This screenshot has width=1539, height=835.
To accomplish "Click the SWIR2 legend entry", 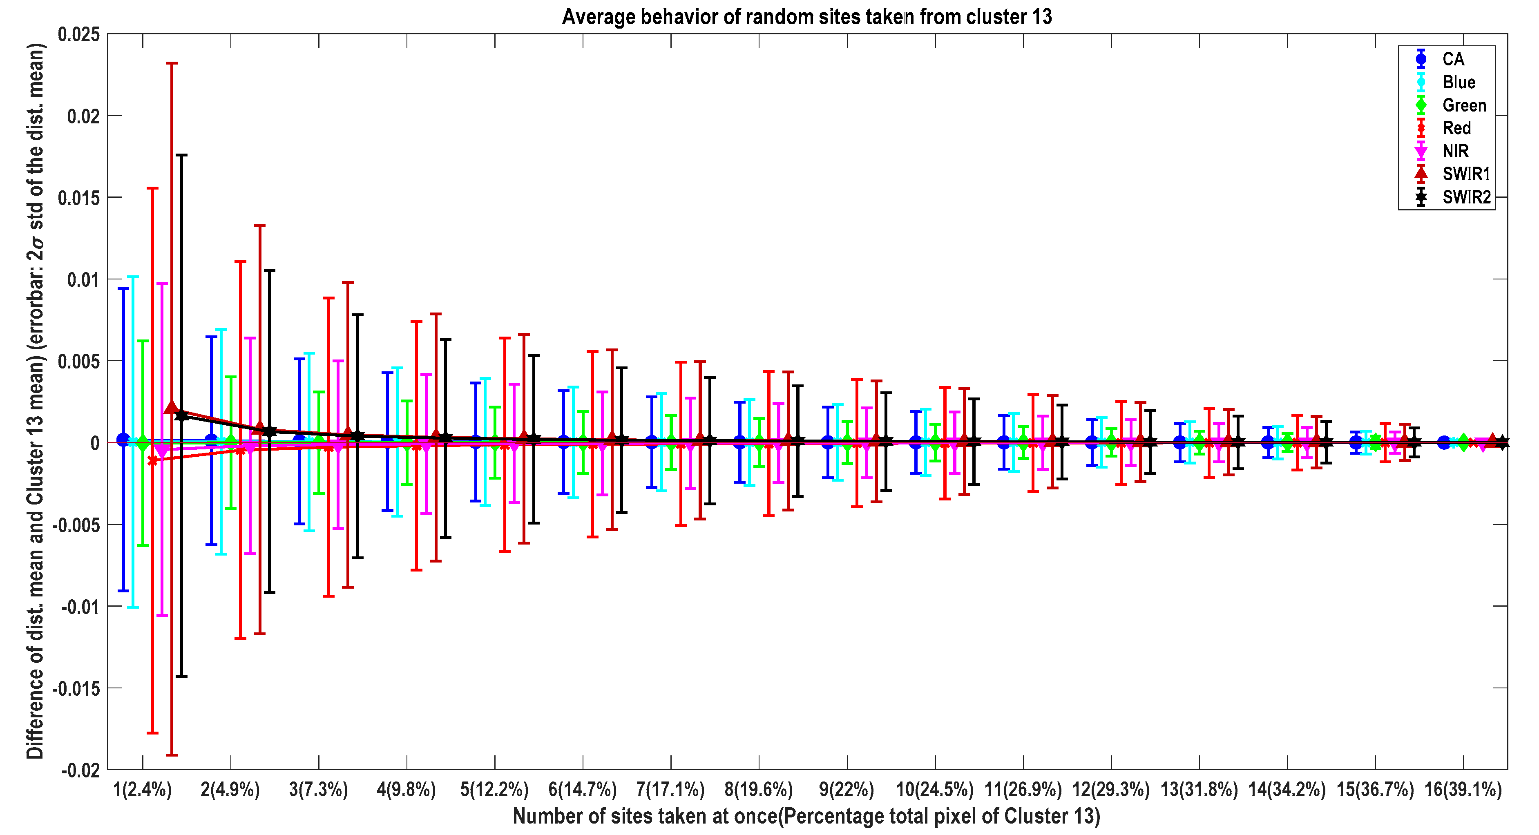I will tap(1465, 197).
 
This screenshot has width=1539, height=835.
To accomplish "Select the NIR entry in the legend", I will tap(1455, 151).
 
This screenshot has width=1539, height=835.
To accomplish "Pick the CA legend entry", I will tap(1453, 59).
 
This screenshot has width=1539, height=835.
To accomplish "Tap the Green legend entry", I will tap(1464, 105).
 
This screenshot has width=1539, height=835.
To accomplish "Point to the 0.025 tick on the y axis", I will tap(78, 34).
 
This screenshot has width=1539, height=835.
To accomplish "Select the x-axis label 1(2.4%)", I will tap(142, 790).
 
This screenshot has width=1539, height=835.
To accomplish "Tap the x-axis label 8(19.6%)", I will tap(758, 790).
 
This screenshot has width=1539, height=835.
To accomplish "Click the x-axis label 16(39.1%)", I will tap(1463, 790).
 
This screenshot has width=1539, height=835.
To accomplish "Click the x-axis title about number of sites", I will tap(806, 816).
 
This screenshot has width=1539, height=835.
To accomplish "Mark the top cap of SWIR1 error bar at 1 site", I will tap(172, 63).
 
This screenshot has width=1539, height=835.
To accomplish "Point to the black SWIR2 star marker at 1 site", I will tap(182, 415).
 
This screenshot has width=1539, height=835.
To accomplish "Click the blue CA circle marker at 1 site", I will tap(123, 440).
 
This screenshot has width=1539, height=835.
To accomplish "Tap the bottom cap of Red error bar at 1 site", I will tap(152, 733).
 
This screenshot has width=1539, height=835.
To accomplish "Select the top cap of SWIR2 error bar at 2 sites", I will tap(270, 270).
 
